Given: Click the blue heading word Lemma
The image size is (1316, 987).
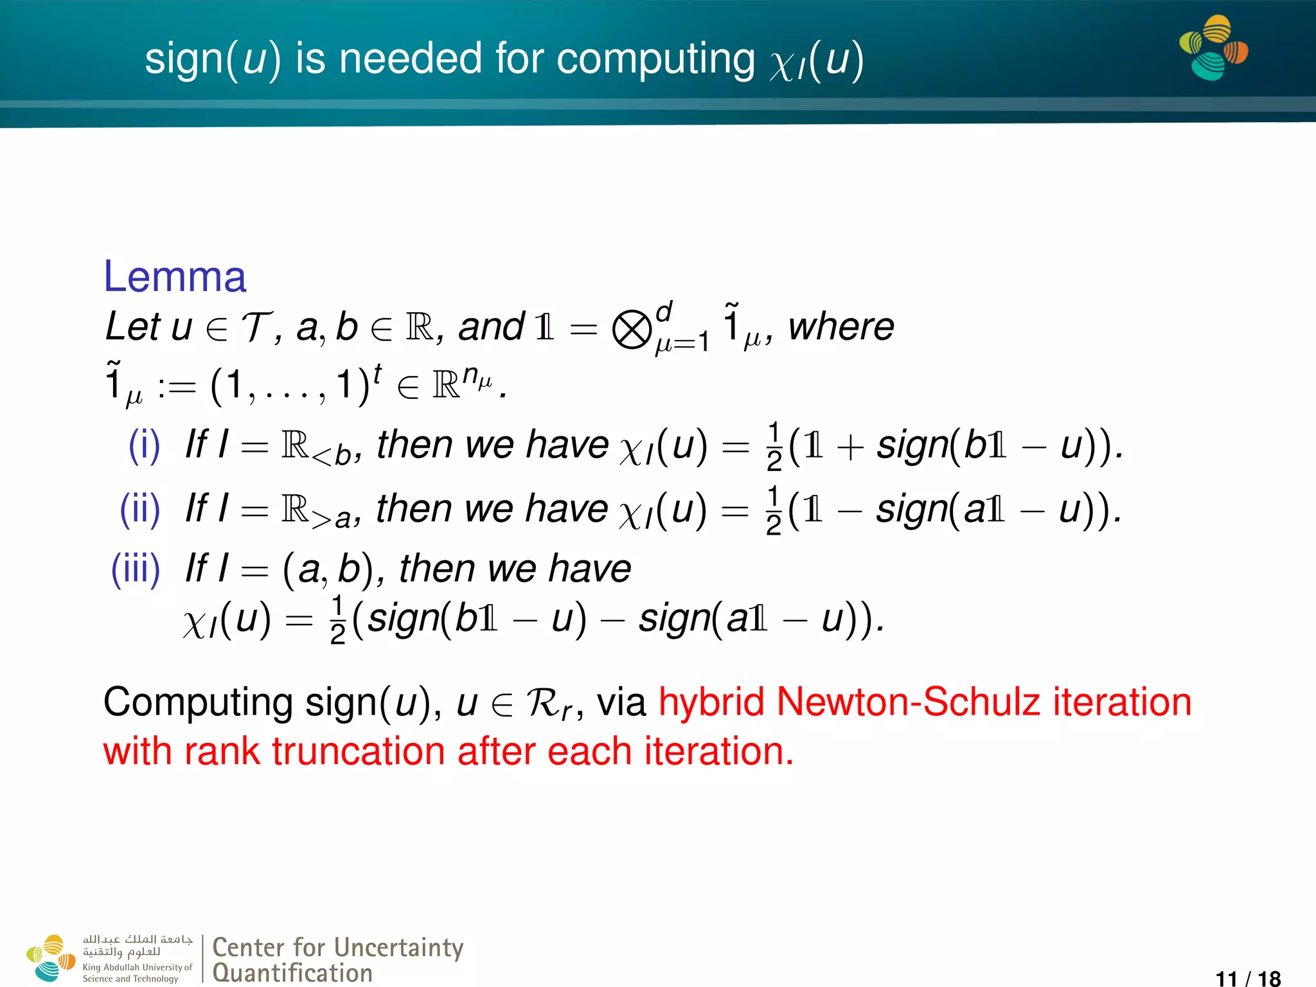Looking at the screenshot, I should pyautogui.click(x=175, y=277).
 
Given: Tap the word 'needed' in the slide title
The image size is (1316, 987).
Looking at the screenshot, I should pyautogui.click(x=410, y=58).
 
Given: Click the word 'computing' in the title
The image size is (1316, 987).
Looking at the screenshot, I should pyautogui.click(x=655, y=60).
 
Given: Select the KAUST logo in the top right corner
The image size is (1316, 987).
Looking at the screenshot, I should pyautogui.click(x=1213, y=48).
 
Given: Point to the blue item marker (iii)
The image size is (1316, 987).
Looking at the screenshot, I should pyautogui.click(x=135, y=569).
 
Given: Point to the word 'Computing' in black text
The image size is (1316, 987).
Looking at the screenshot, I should pyautogui.click(x=198, y=702).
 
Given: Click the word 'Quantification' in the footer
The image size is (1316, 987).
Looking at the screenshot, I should pyautogui.click(x=292, y=973).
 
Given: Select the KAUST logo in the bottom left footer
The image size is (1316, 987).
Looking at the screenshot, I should pyautogui.click(x=51, y=958).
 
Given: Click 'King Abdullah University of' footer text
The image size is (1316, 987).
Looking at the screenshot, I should pyautogui.click(x=137, y=967).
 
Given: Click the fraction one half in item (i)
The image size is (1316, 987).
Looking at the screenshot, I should pyautogui.click(x=774, y=446).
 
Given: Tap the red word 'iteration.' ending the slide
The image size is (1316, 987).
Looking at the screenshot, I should pyautogui.click(x=719, y=751).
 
